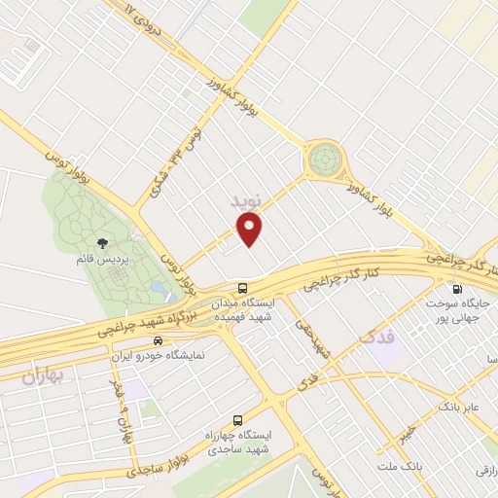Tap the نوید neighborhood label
pyautogui.click(x=246, y=200)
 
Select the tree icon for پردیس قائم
pyautogui.click(x=103, y=243)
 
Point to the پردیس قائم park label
pyautogui.click(x=99, y=260)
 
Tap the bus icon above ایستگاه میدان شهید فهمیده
pyautogui.click(x=242, y=288)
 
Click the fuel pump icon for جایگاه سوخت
pyautogui.click(x=456, y=289)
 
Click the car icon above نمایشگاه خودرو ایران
pyautogui.click(x=157, y=341)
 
